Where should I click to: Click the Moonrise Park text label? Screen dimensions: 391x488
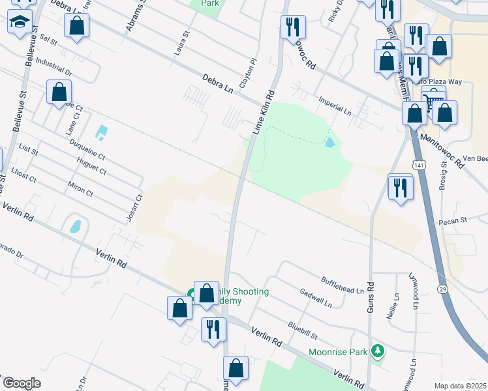(336, 352)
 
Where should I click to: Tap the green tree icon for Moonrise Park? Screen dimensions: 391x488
(376, 352)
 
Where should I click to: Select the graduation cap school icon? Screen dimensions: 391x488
(20, 22)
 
